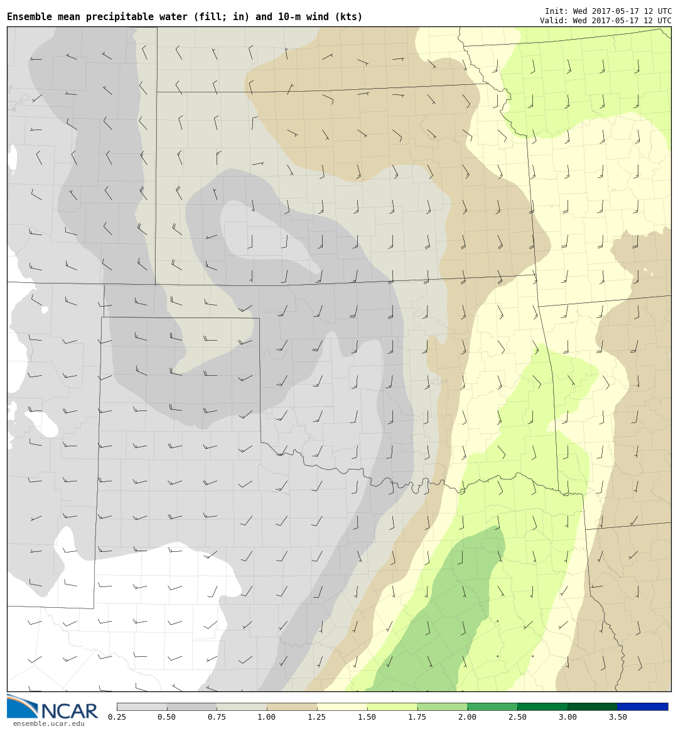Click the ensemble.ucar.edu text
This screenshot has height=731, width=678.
[x=48, y=723]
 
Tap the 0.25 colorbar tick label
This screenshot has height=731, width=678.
[x=116, y=717]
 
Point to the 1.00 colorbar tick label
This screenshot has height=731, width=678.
[x=266, y=717]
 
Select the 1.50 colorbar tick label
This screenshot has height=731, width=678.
[x=367, y=717]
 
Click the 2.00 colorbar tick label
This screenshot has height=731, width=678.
[x=467, y=717]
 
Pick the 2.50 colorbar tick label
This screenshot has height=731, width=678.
[x=517, y=717]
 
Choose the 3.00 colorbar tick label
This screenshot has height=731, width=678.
[x=568, y=717]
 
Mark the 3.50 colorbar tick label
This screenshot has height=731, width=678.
[x=618, y=717]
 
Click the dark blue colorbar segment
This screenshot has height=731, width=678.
[x=643, y=706]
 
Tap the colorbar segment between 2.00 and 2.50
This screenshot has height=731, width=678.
[x=492, y=706]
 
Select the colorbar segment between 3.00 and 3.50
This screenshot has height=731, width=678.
[x=593, y=706]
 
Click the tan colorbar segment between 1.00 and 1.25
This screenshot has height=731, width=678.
[x=291, y=706]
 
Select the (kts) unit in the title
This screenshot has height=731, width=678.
[x=349, y=17]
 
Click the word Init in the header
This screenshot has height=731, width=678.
[x=555, y=11]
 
